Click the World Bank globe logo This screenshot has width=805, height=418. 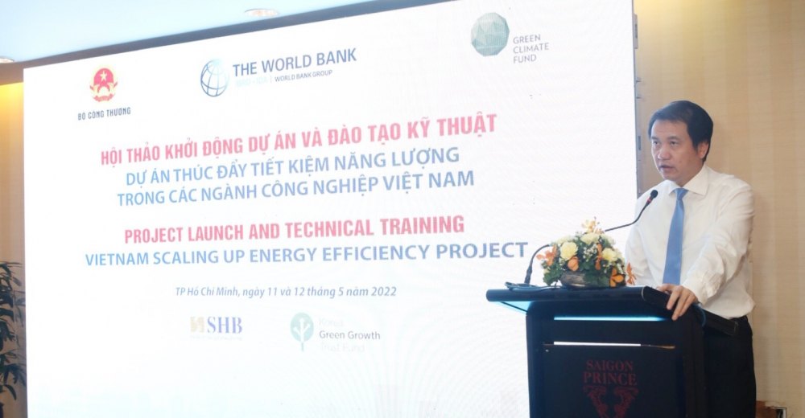(214, 77)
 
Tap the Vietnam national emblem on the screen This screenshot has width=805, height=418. (104, 84)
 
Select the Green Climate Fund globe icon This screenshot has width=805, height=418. (489, 35)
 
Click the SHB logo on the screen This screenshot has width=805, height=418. (216, 326)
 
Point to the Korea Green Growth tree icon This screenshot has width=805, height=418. (302, 330)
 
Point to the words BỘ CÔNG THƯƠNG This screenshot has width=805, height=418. (104, 113)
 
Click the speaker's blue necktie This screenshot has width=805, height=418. (674, 237)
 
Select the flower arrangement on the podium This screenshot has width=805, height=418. (584, 256)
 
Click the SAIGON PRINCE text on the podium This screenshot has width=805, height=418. (609, 371)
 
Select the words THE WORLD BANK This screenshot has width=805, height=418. (294, 62)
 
